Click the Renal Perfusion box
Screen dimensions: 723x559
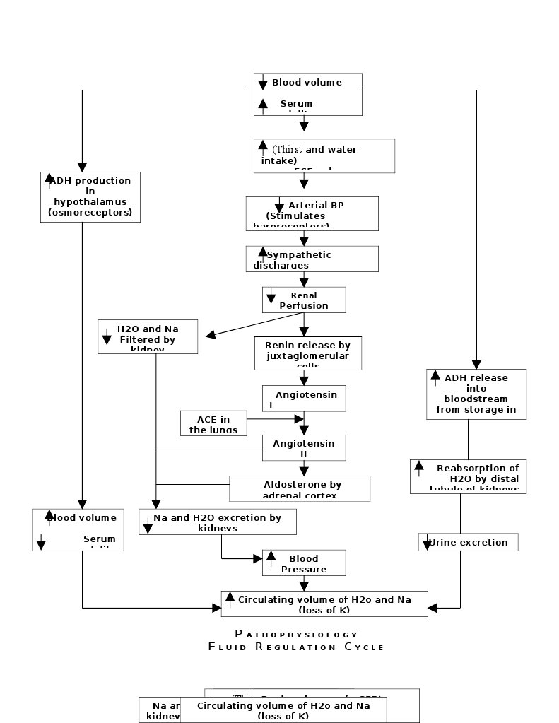click(304, 300)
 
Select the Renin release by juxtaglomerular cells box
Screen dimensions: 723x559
click(307, 353)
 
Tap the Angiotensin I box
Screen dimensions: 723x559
click(305, 399)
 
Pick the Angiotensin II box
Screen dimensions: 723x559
click(305, 447)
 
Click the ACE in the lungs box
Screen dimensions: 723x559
click(213, 423)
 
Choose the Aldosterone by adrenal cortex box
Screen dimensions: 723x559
click(300, 488)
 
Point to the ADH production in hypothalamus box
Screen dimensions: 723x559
click(90, 196)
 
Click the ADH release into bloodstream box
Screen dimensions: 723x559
click(476, 394)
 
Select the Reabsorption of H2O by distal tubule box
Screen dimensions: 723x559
click(468, 476)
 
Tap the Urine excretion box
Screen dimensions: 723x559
click(468, 542)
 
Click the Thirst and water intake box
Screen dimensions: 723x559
click(324, 155)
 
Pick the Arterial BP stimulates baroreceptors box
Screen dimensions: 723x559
click(312, 213)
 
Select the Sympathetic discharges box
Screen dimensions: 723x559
click(312, 259)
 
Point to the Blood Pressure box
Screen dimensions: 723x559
click(304, 563)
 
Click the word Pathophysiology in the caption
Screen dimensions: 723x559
click(296, 634)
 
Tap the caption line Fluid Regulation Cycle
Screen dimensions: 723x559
click(296, 647)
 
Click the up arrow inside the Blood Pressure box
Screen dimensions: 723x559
click(271, 559)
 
